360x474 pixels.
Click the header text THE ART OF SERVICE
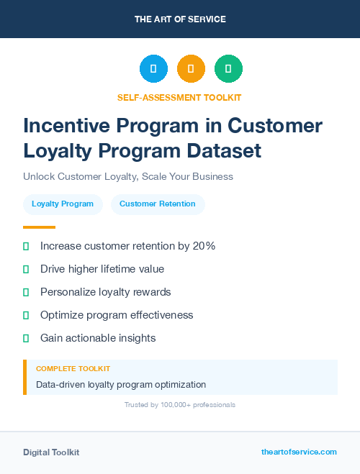(180, 19)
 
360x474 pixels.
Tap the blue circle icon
(153, 68)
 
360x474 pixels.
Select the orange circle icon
(191, 68)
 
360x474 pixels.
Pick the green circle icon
(228, 68)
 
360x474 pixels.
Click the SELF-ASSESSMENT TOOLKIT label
(179, 97)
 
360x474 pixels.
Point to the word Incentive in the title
(66, 126)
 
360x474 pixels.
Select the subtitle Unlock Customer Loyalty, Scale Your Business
(128, 176)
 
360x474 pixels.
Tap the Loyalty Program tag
(63, 204)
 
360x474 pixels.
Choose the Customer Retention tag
(158, 204)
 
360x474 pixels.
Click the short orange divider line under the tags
(29, 227)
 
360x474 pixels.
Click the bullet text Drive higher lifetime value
(102, 269)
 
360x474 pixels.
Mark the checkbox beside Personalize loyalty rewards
(26, 292)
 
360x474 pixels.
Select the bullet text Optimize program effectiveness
(117, 315)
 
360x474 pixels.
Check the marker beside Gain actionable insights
(26, 338)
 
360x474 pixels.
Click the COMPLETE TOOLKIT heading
(73, 368)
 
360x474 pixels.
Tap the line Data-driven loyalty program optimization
(121, 384)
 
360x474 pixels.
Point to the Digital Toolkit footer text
(51, 452)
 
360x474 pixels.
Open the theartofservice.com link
(299, 452)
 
